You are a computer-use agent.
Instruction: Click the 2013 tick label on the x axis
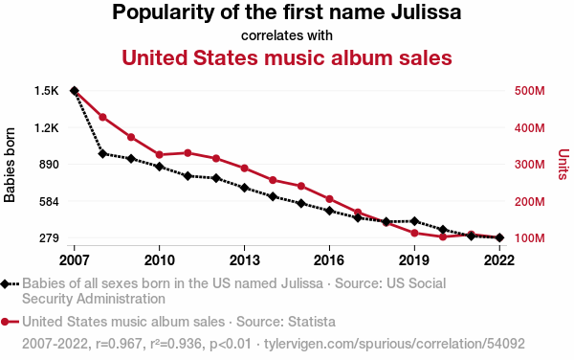[x=244, y=260]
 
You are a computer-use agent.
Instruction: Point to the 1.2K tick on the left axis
[x=47, y=128]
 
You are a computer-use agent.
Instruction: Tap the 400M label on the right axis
[x=529, y=128]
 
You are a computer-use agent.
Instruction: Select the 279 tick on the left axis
[x=49, y=238]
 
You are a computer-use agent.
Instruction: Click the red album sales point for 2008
[x=103, y=117]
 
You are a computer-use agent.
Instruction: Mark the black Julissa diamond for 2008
[x=103, y=154]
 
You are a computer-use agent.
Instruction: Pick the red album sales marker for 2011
[x=188, y=153]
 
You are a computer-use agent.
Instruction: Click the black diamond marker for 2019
[x=415, y=221]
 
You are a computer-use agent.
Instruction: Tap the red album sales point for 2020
[x=443, y=236]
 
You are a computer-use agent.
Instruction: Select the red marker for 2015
[x=301, y=186]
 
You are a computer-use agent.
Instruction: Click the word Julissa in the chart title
[x=426, y=12]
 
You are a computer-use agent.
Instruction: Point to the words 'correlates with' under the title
[x=287, y=35]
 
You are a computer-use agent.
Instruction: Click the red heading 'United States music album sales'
[x=287, y=57]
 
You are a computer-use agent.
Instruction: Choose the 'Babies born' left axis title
[x=10, y=165]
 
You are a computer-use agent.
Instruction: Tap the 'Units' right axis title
[x=563, y=165]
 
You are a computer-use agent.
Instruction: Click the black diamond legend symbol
[x=5, y=283]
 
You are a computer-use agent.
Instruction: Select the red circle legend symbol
[x=5, y=322]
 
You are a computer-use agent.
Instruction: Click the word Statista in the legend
[x=312, y=322]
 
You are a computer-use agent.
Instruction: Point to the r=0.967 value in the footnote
[x=119, y=344]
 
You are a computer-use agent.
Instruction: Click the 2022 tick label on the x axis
[x=499, y=260]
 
